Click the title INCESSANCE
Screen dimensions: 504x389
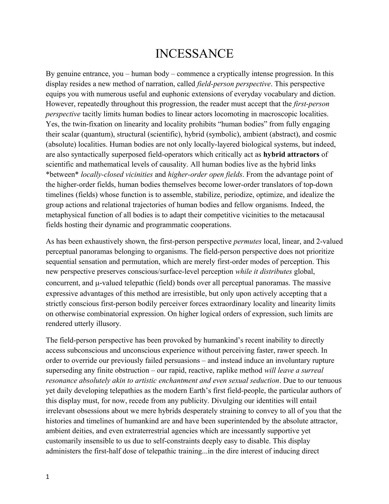pyautogui.click(x=194, y=54)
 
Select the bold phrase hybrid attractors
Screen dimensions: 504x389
pyautogui.click(x=291, y=154)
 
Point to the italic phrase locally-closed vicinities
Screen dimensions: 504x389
pyautogui.click(x=117, y=174)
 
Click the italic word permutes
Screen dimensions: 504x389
pyautogui.click(x=247, y=242)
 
